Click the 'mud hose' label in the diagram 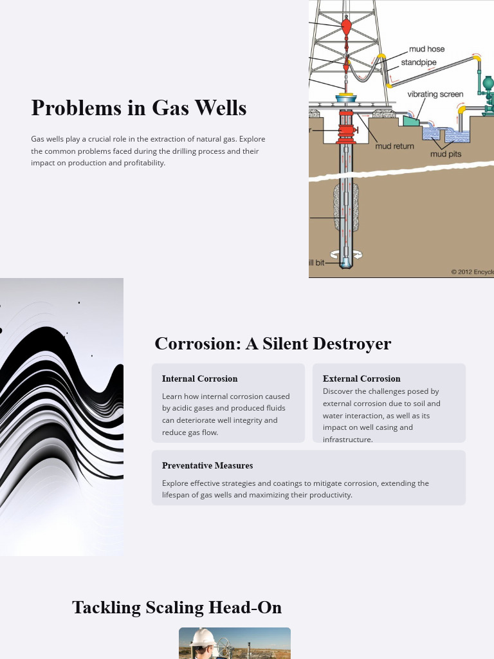click(x=426, y=49)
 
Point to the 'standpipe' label click(x=419, y=62)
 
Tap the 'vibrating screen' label click(x=435, y=94)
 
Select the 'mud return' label click(x=394, y=146)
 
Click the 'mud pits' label click(x=446, y=154)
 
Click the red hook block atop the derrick click(x=345, y=26)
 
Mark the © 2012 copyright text click(x=472, y=272)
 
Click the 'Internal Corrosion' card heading click(x=199, y=378)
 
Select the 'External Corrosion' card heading click(x=361, y=378)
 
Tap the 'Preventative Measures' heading click(x=207, y=465)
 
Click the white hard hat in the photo click(x=205, y=636)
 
